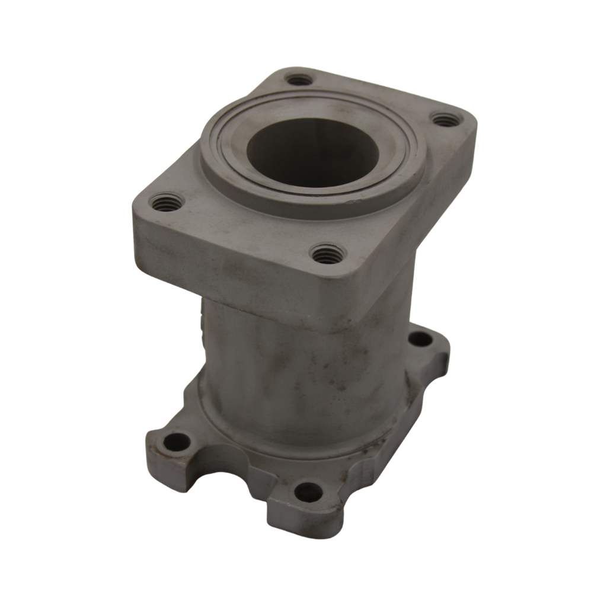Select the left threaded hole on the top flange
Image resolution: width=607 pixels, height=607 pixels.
point(167,203)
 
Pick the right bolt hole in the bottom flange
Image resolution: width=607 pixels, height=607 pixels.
point(421,339)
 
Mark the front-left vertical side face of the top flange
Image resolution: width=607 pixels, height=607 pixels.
point(225,261)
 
